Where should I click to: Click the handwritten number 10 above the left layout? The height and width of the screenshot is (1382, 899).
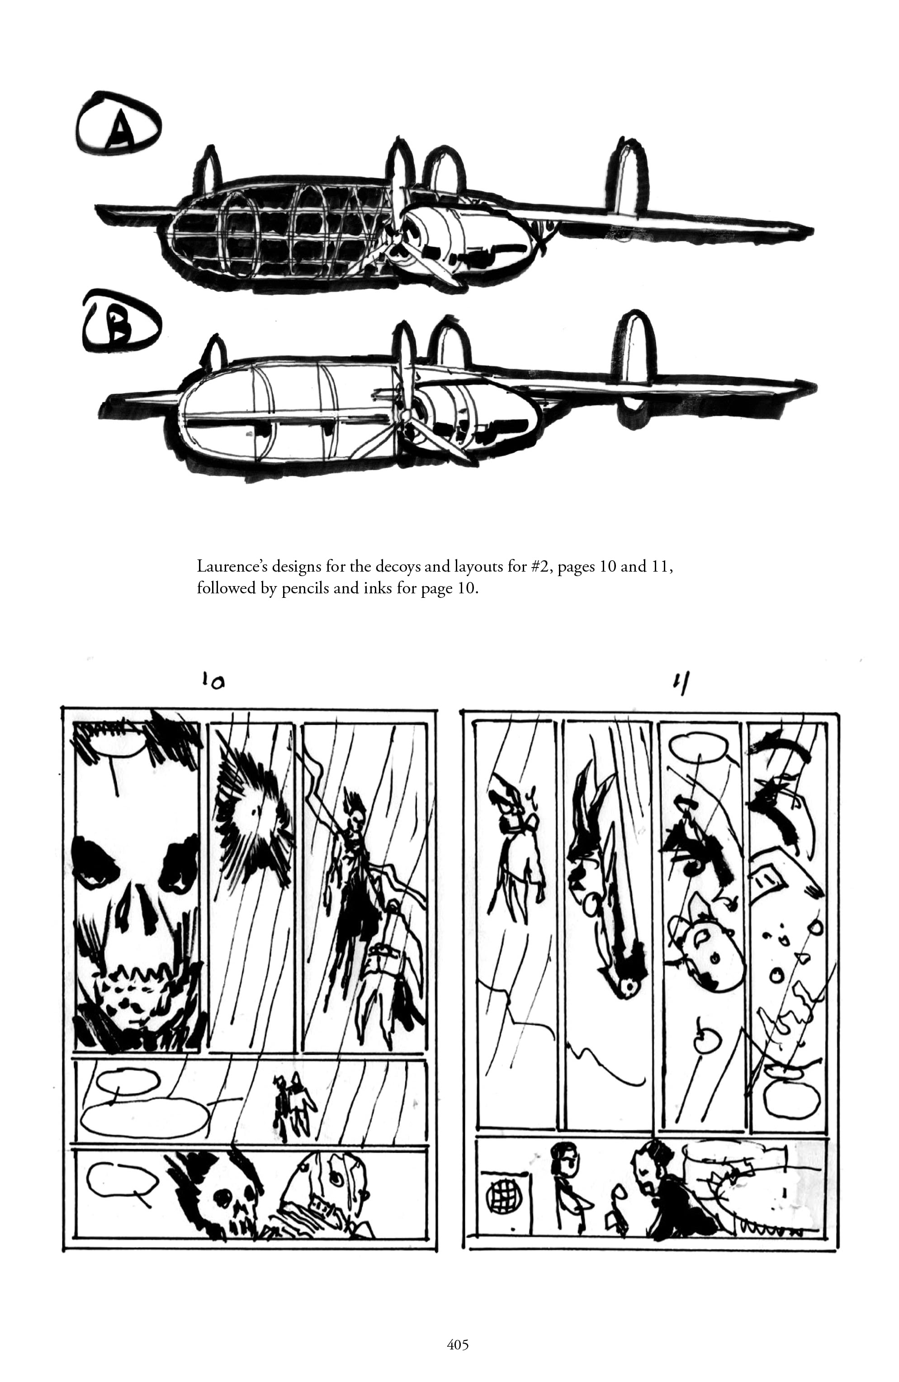[x=213, y=681]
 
